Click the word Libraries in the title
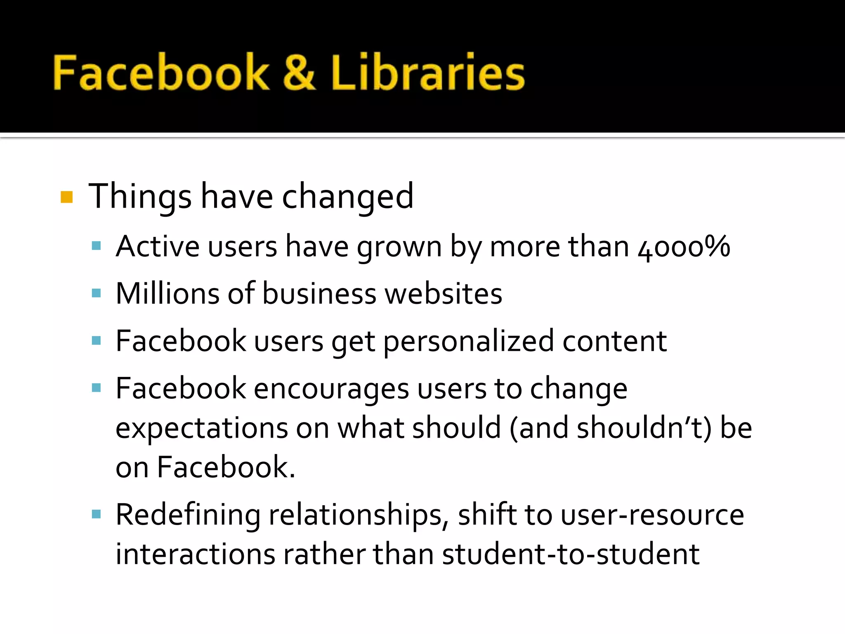(427, 73)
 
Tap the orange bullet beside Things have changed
(66, 197)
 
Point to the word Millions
(168, 293)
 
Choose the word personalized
(469, 342)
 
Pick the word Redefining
(188, 515)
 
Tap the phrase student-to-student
(571, 554)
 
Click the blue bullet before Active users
(97, 247)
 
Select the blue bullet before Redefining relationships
(97, 514)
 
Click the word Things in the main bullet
(140, 197)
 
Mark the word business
(319, 293)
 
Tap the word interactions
(195, 554)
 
